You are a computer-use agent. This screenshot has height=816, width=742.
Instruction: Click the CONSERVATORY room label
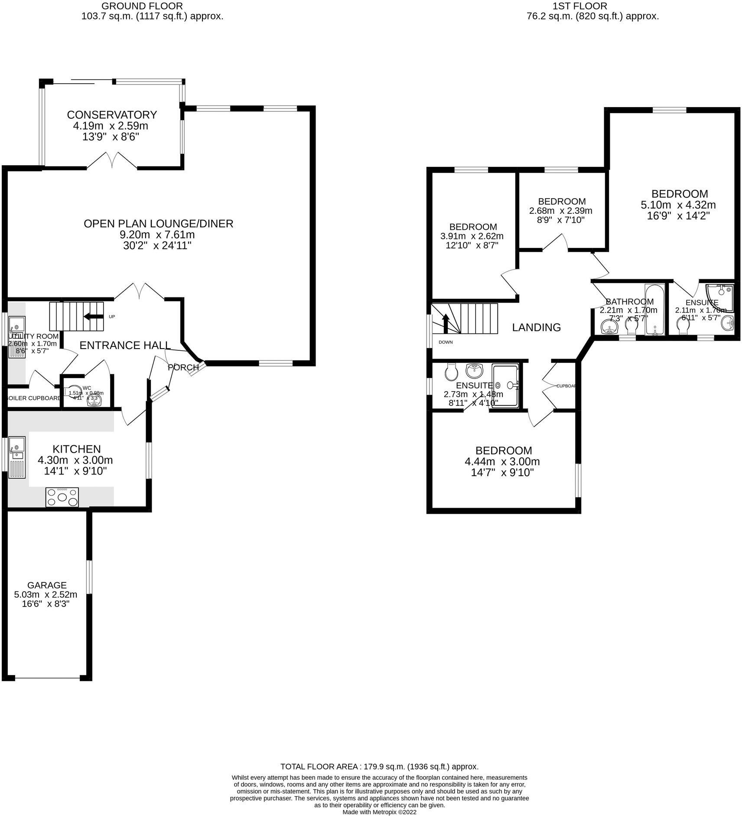pyautogui.click(x=112, y=115)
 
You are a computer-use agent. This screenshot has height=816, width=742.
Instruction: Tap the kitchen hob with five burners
pyautogui.click(x=62, y=497)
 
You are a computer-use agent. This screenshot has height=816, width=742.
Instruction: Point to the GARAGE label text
pyautogui.click(x=47, y=585)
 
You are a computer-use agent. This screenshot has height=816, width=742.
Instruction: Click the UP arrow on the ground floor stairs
pyautogui.click(x=93, y=316)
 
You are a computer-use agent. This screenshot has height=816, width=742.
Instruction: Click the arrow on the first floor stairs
pyautogui.click(x=445, y=323)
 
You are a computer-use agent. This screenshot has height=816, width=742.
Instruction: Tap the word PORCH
pyautogui.click(x=183, y=368)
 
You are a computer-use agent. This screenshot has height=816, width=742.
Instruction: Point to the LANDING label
pyautogui.click(x=536, y=327)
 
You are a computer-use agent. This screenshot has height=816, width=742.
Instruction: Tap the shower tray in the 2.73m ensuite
pyautogui.click(x=505, y=385)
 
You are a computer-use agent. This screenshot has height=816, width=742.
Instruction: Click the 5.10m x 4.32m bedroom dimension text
pyautogui.click(x=678, y=205)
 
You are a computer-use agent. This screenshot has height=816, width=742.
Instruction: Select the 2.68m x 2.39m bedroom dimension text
pyautogui.click(x=560, y=211)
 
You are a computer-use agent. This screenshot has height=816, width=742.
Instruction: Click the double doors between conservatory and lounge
pyautogui.click(x=113, y=161)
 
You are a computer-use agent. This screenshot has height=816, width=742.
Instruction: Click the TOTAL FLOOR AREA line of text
pyautogui.click(x=379, y=766)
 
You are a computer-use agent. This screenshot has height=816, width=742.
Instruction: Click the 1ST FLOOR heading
pyautogui.click(x=579, y=6)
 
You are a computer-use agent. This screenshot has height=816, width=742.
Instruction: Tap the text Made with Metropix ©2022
pyautogui.click(x=379, y=812)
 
